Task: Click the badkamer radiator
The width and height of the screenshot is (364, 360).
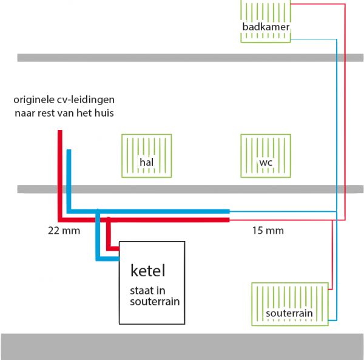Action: tap(266, 21)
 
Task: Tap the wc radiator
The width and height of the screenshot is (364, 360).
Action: tap(266, 156)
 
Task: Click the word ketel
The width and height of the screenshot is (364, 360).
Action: tap(148, 270)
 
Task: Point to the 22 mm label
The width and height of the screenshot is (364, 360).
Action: tap(64, 231)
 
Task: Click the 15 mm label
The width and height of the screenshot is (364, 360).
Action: tap(268, 231)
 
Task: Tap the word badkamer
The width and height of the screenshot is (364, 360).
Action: tap(266, 27)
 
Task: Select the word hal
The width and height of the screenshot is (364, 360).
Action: tap(146, 162)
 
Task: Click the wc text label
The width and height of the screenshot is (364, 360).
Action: tap(266, 163)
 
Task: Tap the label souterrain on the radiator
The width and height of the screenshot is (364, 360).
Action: tap(289, 313)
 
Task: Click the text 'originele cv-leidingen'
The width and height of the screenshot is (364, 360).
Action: tap(65, 99)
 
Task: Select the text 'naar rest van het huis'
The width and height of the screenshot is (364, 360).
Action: tap(64, 113)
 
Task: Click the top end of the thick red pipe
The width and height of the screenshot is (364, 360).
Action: tap(59, 132)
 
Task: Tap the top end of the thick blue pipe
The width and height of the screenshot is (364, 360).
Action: tap(69, 152)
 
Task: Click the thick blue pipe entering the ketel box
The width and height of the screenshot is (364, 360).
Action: tap(108, 258)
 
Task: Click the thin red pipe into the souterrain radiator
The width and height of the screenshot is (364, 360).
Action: tap(332, 255)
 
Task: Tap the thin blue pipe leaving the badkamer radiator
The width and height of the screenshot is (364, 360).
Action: tap(315, 39)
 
